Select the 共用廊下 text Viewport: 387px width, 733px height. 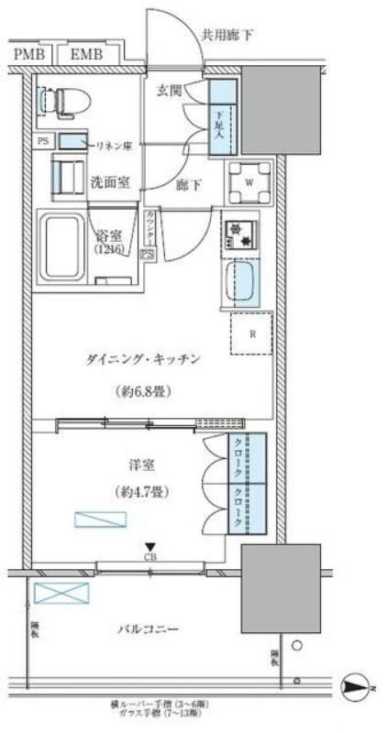click(x=227, y=34)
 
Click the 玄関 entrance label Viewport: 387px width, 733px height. click(x=170, y=91)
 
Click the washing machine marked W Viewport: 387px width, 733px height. click(x=249, y=180)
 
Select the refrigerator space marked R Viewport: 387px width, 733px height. click(x=250, y=334)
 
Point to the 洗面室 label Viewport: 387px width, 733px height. click(x=109, y=181)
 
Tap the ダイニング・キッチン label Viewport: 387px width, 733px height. click(x=152, y=359)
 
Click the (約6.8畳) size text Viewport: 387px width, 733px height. click(x=147, y=391)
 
